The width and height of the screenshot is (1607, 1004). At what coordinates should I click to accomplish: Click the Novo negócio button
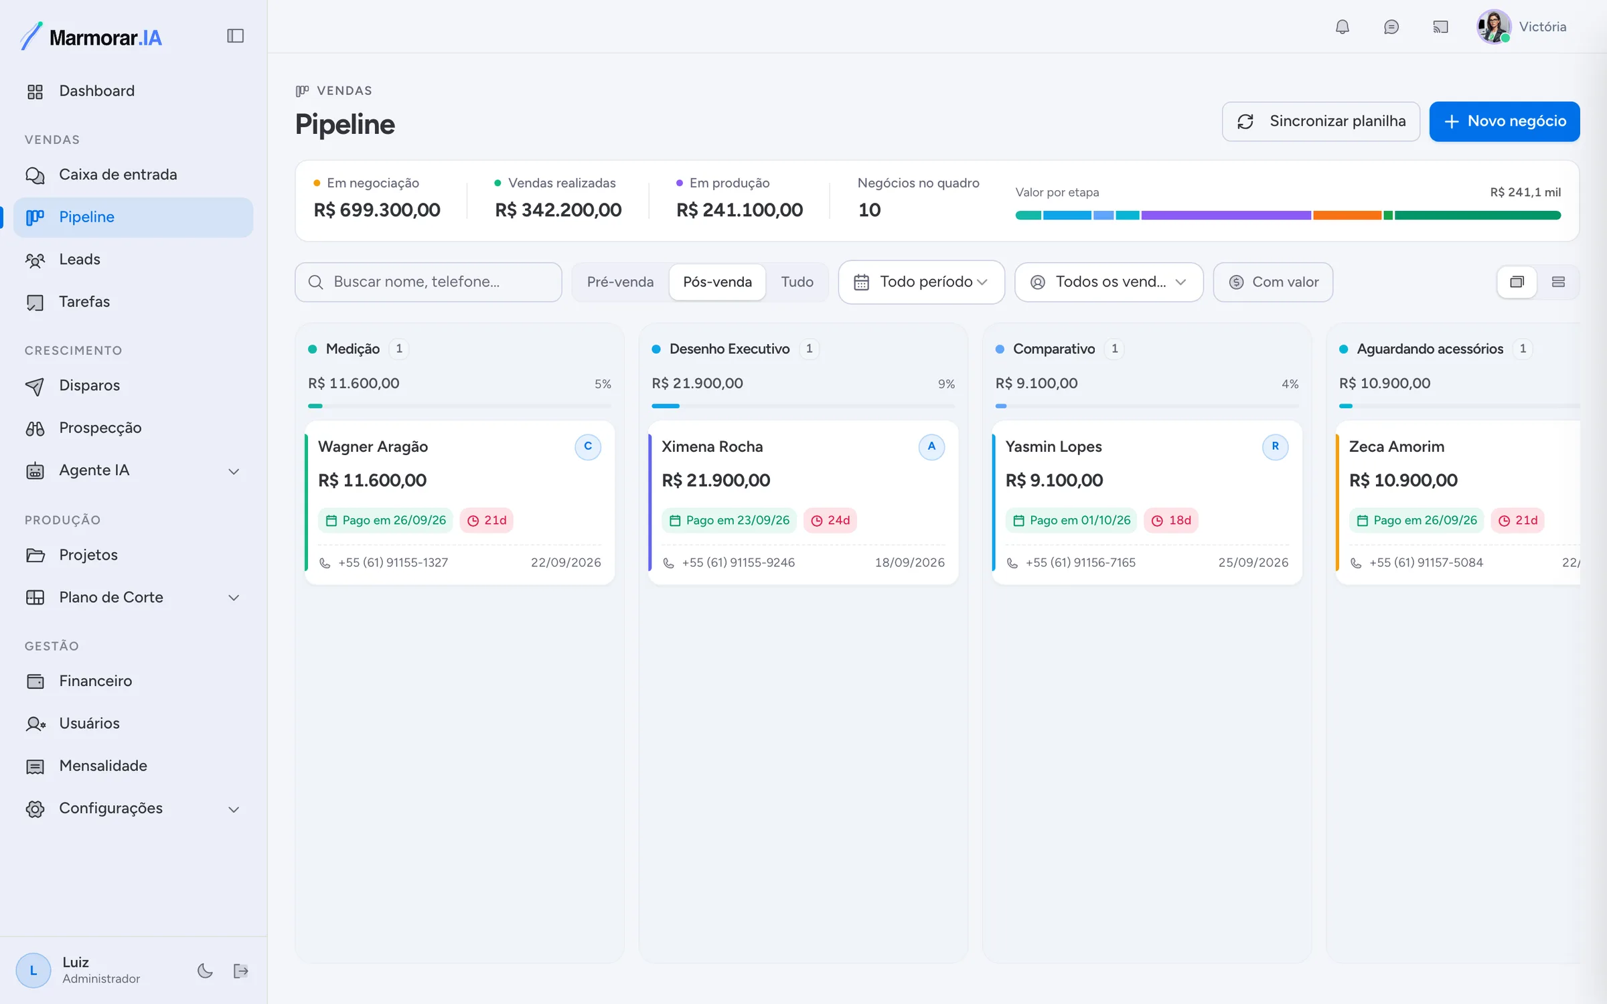1504,121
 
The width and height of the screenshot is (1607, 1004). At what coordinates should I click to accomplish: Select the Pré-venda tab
620,282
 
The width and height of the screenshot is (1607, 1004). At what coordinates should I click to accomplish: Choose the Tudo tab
797,282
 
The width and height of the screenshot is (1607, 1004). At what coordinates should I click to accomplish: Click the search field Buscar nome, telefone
429,282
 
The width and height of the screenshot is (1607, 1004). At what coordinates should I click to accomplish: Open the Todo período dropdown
921,282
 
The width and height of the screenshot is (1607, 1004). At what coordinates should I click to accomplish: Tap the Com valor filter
1273,282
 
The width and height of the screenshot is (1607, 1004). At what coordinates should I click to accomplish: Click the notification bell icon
1343,27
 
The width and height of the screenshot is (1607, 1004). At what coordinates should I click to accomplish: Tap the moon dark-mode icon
205,971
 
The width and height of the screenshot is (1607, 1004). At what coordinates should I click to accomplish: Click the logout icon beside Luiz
241,971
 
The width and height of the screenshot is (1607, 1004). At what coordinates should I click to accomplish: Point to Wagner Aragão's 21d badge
487,520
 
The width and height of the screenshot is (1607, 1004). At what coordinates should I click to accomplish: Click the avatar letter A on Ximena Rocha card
931,446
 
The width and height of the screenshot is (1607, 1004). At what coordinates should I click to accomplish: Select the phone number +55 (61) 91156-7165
1080,562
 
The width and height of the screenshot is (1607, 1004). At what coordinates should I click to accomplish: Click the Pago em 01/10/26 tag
1071,520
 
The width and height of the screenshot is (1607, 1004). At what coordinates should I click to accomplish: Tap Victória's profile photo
1494,27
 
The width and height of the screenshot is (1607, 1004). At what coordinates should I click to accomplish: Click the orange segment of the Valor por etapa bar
1347,216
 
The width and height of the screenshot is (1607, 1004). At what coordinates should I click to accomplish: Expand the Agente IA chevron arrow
234,471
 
